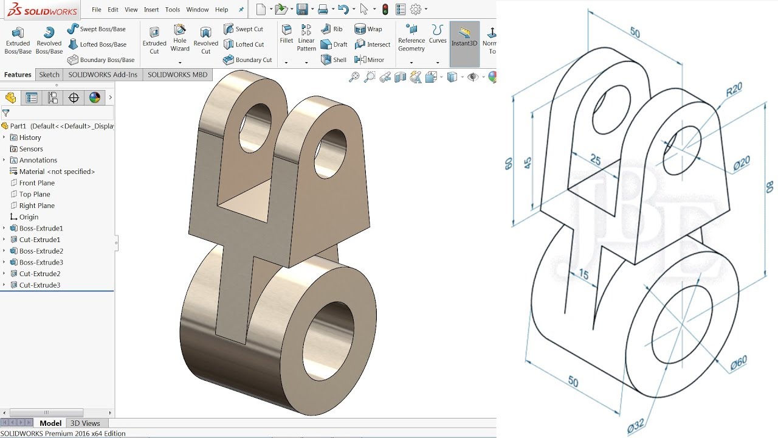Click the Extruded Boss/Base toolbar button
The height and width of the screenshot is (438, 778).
tap(18, 40)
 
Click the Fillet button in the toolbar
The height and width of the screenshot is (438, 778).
tap(286, 34)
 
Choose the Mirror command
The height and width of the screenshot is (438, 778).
tap(370, 60)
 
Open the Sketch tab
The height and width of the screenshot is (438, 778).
tap(49, 75)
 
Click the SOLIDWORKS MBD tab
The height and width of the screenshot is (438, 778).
tap(177, 75)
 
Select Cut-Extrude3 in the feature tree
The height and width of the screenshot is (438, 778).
tap(40, 285)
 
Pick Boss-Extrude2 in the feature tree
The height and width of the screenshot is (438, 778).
tap(41, 251)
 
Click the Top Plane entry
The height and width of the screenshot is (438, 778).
tap(35, 194)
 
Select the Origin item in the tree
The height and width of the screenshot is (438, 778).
tap(29, 217)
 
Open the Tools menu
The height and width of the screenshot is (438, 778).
tap(173, 10)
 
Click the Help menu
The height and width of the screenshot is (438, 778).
tap(221, 10)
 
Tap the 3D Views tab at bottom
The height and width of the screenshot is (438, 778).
tap(85, 423)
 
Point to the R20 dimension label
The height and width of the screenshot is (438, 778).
tap(734, 89)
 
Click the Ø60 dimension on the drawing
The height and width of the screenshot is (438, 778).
tap(738, 363)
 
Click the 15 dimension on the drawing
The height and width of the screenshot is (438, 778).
tap(583, 274)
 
